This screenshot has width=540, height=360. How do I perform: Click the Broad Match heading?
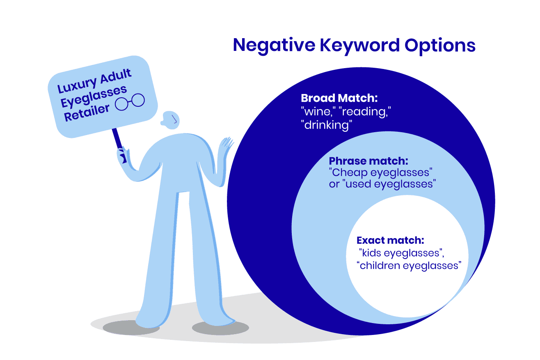[339, 99]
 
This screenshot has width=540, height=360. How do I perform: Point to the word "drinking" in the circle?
[327, 125]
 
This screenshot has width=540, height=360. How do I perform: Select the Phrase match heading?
[368, 161]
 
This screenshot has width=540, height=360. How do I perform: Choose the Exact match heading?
[390, 240]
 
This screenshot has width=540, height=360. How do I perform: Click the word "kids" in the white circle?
[370, 253]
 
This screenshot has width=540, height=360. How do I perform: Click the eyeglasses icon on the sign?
[130, 102]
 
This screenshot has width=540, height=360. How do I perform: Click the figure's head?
[170, 120]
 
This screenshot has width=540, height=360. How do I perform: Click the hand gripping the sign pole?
[122, 156]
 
